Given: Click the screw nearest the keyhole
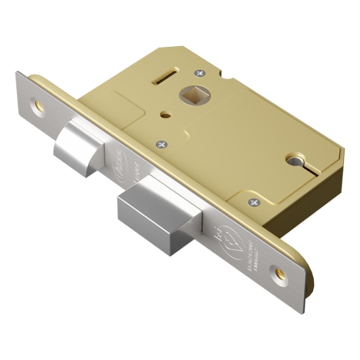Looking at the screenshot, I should [x=252, y=202].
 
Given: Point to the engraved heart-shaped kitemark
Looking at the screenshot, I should [x=243, y=239].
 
